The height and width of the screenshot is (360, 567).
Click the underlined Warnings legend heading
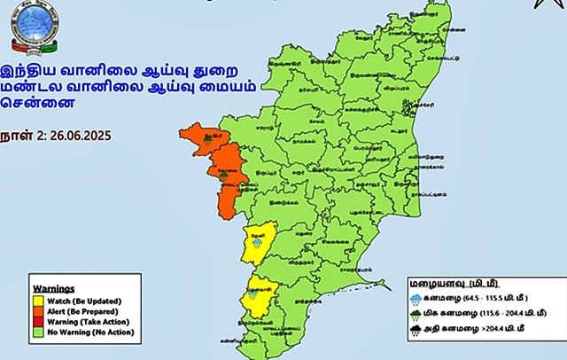tap(53, 288)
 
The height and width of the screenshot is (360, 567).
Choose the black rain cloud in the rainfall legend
tap(416, 331)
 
